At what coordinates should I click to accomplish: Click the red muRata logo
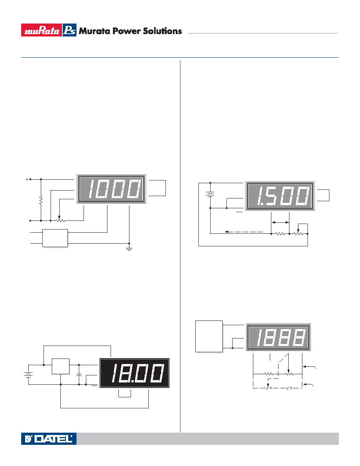pyautogui.click(x=41, y=30)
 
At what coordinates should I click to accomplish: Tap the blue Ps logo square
pyautogui.click(x=69, y=30)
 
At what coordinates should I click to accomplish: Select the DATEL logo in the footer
pyautogui.click(x=49, y=439)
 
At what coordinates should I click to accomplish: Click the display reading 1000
pyautogui.click(x=111, y=189)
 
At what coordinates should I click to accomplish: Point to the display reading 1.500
pyautogui.click(x=280, y=196)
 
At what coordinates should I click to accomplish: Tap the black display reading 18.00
pyautogui.click(x=135, y=373)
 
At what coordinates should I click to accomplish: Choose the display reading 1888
pyautogui.click(x=278, y=337)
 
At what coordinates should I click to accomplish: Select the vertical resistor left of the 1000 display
pyautogui.click(x=41, y=200)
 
